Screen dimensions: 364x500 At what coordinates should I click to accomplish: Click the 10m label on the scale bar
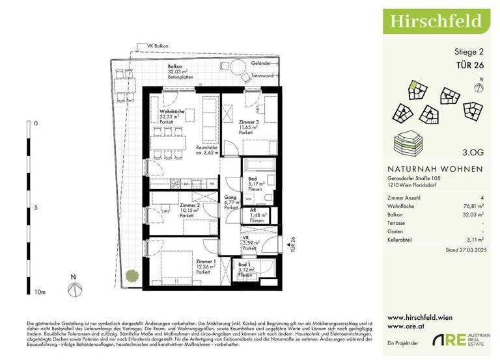point(40,292)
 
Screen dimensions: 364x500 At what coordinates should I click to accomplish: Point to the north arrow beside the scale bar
point(74,284)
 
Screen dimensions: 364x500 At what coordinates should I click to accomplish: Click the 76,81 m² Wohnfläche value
point(473,204)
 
